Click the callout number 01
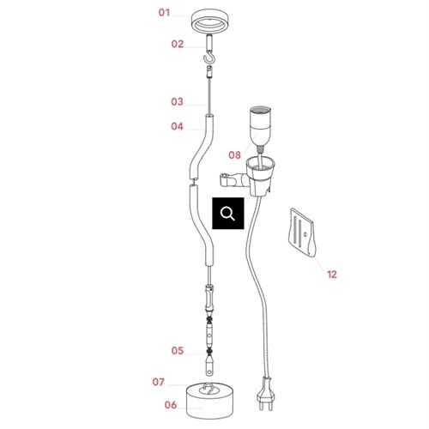(x=165, y=13)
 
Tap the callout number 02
(x=178, y=44)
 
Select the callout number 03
(x=177, y=102)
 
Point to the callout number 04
(x=177, y=126)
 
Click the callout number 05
(x=178, y=351)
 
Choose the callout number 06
(x=171, y=405)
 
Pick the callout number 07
(x=159, y=382)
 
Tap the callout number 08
(x=234, y=155)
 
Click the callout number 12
(x=332, y=275)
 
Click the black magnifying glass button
(x=228, y=214)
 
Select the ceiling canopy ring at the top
(x=211, y=21)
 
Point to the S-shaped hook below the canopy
(x=208, y=57)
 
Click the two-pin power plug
(x=265, y=395)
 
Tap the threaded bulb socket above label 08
(x=260, y=126)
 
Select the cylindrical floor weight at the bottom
(x=209, y=401)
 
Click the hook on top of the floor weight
(x=209, y=389)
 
